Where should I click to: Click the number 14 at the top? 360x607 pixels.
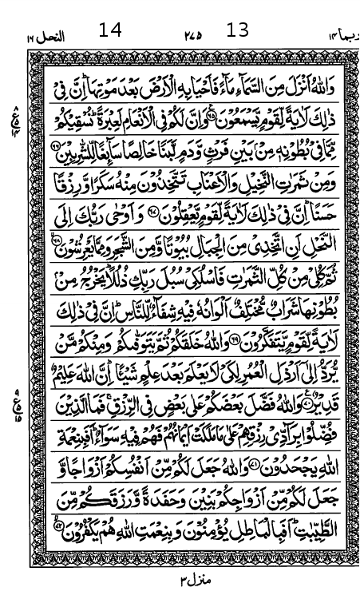click(110, 30)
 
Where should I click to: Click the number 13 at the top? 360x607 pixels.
click(238, 30)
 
